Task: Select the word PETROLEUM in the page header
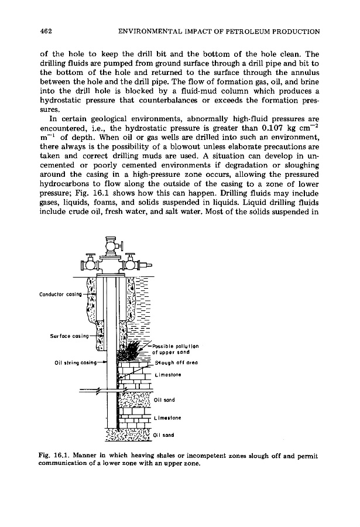244,30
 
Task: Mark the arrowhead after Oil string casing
105,362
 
